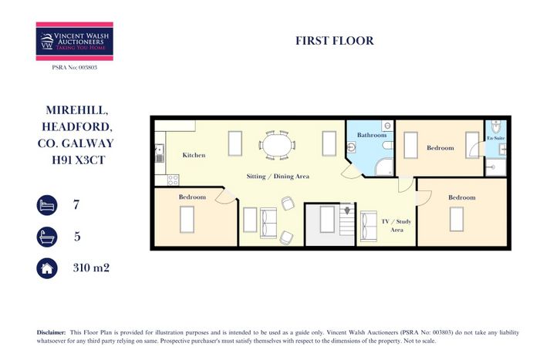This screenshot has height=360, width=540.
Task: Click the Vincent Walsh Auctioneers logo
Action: pyautogui.click(x=74, y=42)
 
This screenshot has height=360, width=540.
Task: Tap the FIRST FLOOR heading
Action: pyautogui.click(x=334, y=41)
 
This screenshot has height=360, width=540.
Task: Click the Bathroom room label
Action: pyautogui.click(x=372, y=135)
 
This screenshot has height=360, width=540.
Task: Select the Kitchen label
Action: pyautogui.click(x=194, y=155)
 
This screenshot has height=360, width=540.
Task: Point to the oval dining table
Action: pyautogui.click(x=276, y=145)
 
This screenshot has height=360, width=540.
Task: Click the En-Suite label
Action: pyautogui.click(x=496, y=138)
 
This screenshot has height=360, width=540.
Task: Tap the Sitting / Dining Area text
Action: pyautogui.click(x=278, y=177)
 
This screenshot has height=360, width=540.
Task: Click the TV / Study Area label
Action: pyautogui.click(x=397, y=225)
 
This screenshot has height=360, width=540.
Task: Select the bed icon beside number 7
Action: pyautogui.click(x=47, y=205)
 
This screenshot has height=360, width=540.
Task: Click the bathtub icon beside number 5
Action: pyautogui.click(x=47, y=237)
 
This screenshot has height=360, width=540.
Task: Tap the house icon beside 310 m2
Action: pyautogui.click(x=47, y=268)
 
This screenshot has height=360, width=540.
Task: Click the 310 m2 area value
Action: pyautogui.click(x=91, y=267)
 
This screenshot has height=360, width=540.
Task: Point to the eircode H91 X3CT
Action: pyautogui.click(x=78, y=160)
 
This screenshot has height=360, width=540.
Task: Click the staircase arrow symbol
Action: pyautogui.click(x=347, y=210)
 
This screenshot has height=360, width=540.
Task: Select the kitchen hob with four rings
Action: pyautogui.click(x=173, y=180)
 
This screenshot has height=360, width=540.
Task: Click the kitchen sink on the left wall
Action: pyautogui.click(x=160, y=153)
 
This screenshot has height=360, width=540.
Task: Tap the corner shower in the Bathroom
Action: pyautogui.click(x=384, y=167)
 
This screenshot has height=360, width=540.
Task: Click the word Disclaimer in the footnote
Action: pyautogui.click(x=51, y=332)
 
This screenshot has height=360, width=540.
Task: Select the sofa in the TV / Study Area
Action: pyautogui.click(x=369, y=226)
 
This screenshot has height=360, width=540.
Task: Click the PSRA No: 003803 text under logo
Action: pyautogui.click(x=75, y=68)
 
